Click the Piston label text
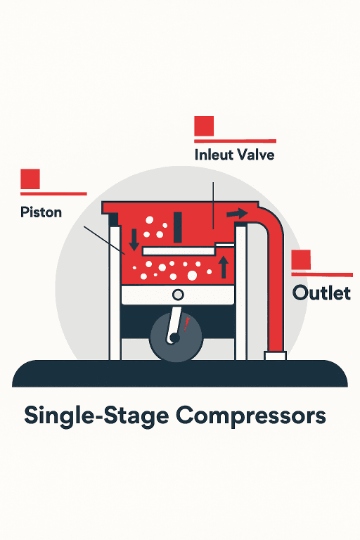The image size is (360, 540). pos(41,212)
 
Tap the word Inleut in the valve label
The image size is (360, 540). pos(214,155)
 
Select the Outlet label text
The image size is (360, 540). pos(321,293)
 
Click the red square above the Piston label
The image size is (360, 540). pos(30,179)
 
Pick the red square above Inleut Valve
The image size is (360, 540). pos(204,126)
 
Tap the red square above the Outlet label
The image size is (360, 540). pos(301,259)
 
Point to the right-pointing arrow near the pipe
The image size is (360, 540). pos(237,214)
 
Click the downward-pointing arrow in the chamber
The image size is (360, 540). pos(134,240)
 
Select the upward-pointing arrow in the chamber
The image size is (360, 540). pos(224,267)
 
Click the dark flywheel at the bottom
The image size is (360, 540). pos(176,337)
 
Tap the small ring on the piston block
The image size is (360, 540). pos(178,295)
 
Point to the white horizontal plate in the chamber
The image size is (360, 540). pos(179,251)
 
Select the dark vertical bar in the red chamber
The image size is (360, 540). pos(178,227)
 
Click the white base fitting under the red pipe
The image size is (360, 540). pos(275,355)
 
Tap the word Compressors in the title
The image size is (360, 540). pos(251,416)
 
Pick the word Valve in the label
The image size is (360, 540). pos(256,155)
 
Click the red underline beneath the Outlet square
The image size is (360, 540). pos(322,274)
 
